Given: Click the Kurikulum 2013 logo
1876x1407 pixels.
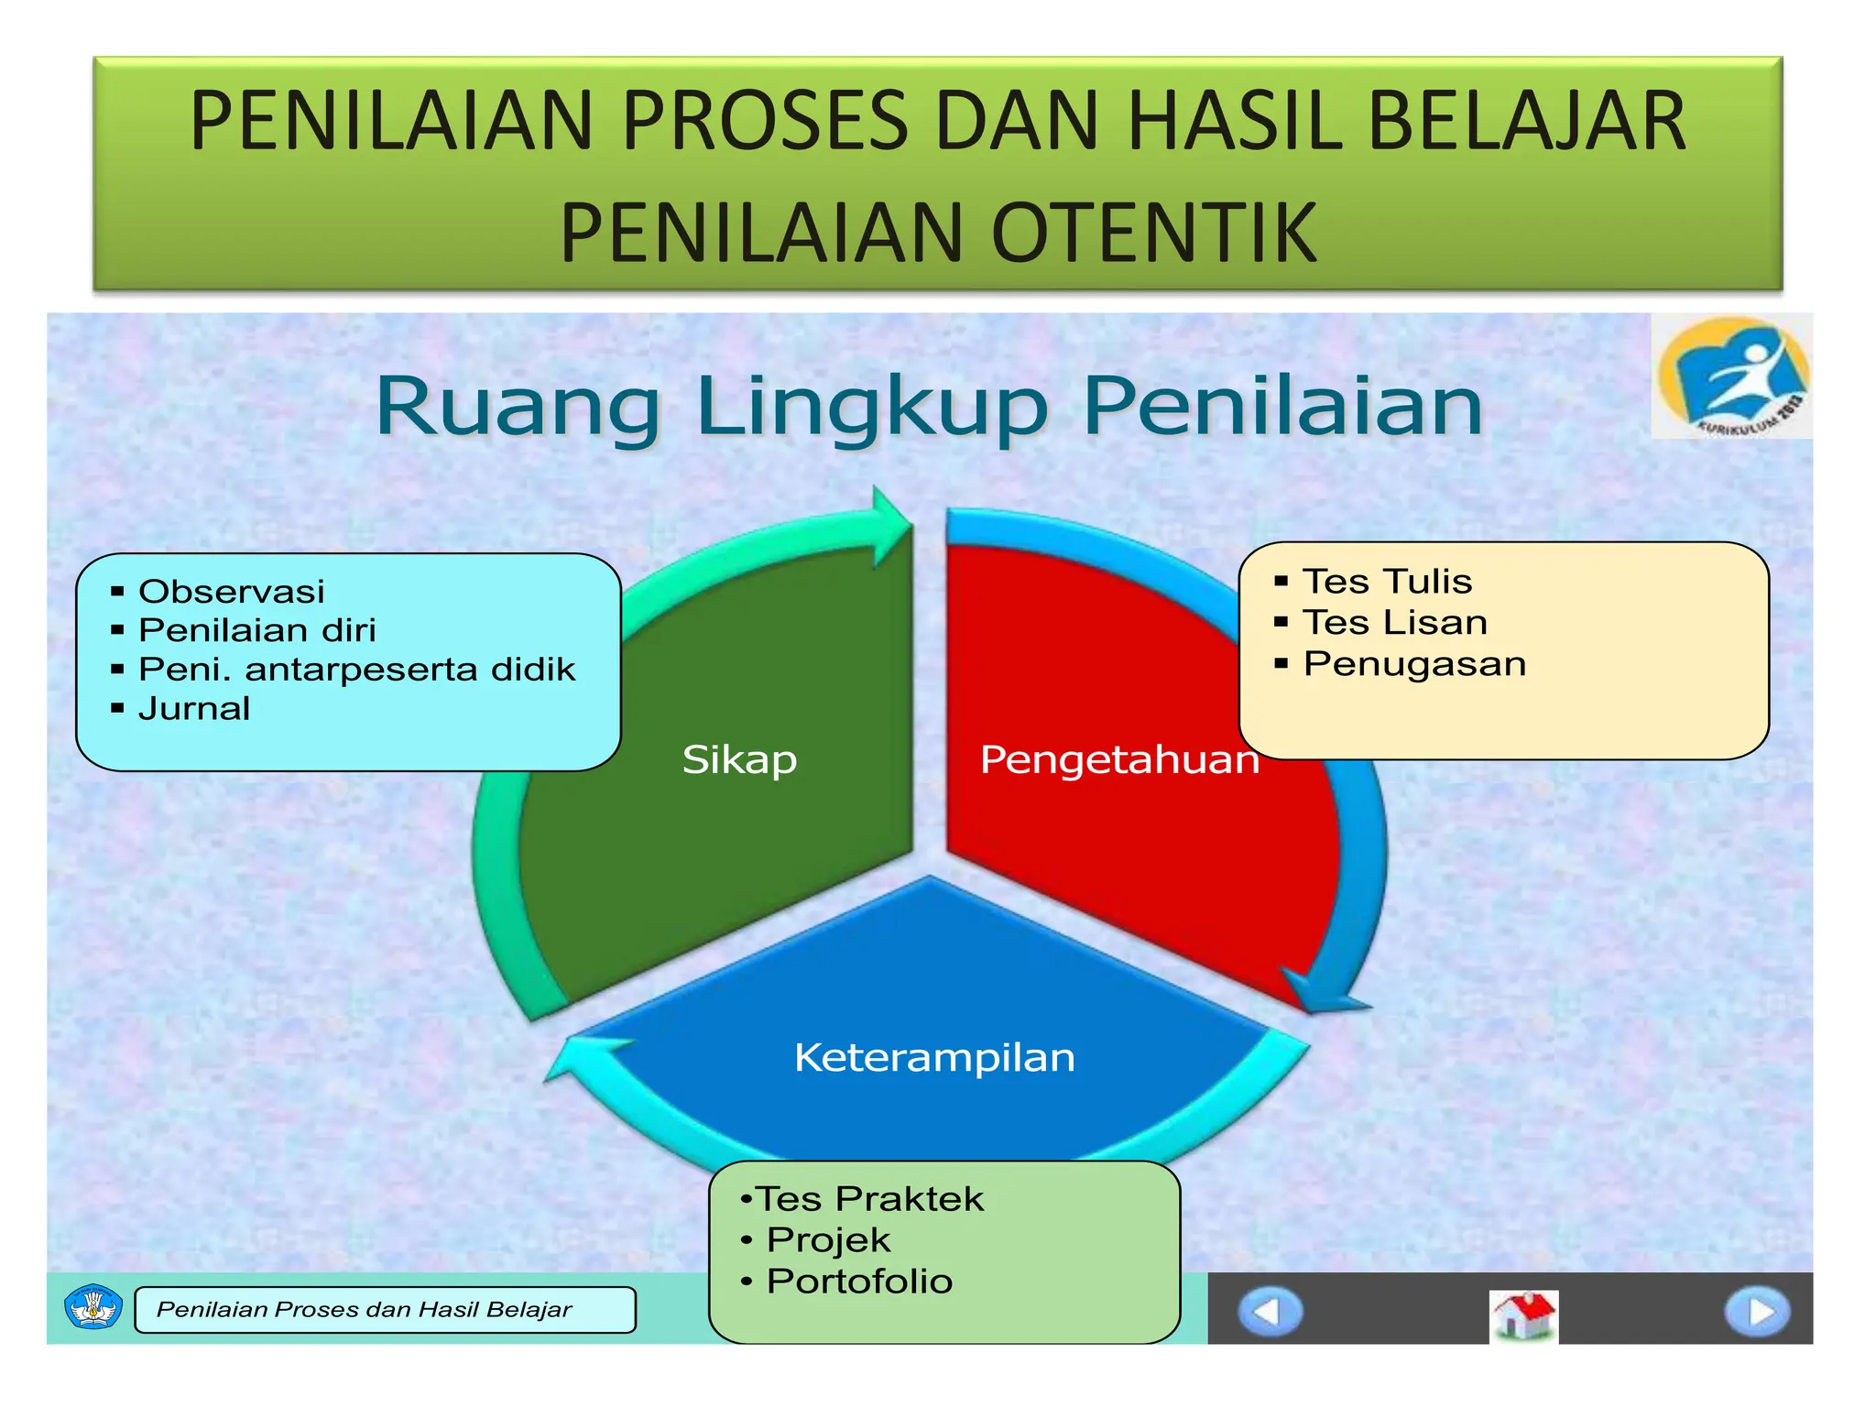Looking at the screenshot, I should [x=1731, y=376].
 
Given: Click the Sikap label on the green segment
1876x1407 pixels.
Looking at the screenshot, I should [x=739, y=759].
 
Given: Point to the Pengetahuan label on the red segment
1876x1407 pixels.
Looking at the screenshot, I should [x=1118, y=759].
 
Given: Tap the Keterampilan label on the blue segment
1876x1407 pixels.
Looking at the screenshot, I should [x=934, y=1057].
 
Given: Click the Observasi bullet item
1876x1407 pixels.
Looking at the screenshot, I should [x=231, y=592].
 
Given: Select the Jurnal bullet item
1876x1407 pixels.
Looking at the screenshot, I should [x=193, y=709].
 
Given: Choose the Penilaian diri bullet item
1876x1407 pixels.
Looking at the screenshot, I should [x=256, y=630].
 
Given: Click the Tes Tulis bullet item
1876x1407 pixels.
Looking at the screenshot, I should [x=1387, y=582].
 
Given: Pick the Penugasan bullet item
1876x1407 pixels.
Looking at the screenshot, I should [x=1414, y=664].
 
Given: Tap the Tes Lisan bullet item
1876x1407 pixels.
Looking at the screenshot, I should [x=1394, y=623].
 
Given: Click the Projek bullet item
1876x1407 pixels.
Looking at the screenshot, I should [x=828, y=1240].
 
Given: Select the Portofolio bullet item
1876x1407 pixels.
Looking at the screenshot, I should [x=859, y=1282].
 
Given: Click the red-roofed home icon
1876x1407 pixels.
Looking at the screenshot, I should [x=1522, y=1314].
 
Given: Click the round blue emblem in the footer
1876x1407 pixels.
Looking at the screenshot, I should [x=93, y=1307].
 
